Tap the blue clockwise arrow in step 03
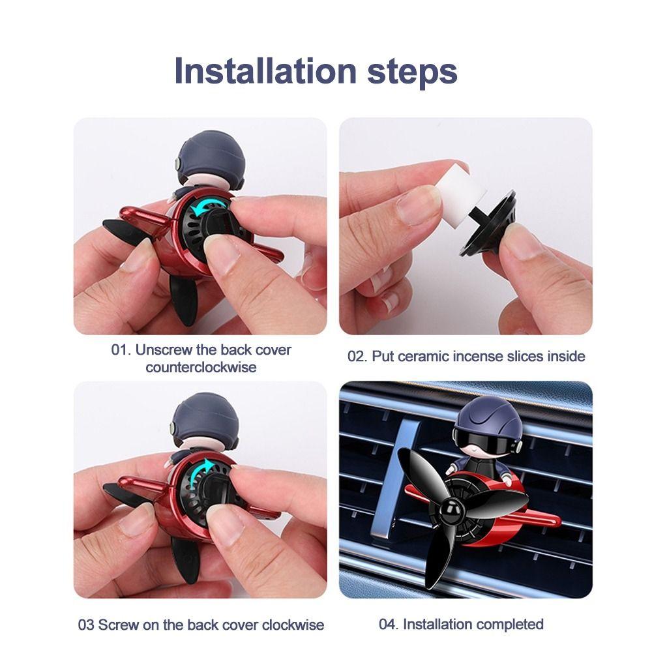[207, 467]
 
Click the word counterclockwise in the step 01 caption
[201, 367]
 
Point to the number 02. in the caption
[358, 356]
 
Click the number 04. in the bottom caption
[389, 624]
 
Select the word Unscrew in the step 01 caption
[160, 349]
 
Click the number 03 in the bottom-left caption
[87, 625]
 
